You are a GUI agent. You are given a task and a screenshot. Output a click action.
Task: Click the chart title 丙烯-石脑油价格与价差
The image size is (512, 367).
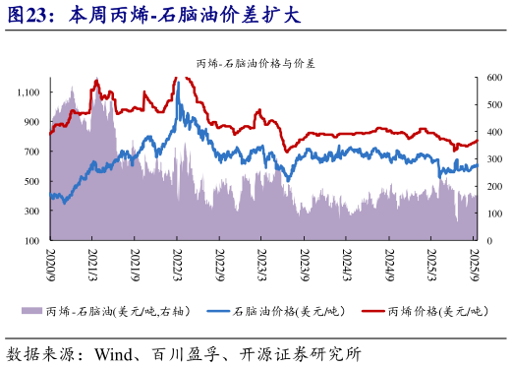[x=256, y=64]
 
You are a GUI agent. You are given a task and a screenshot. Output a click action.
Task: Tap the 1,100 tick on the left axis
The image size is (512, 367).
[x=28, y=92]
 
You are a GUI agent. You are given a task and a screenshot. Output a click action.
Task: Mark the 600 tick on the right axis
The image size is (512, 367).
[x=493, y=78]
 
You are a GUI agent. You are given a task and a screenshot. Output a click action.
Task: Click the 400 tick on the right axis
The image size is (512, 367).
[x=493, y=132]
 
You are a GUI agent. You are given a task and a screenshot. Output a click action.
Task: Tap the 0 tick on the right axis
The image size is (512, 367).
[x=488, y=240]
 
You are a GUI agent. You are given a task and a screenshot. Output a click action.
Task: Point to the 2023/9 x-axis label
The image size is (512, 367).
[x=305, y=263]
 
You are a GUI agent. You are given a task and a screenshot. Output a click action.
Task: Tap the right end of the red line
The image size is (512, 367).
[x=478, y=141]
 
